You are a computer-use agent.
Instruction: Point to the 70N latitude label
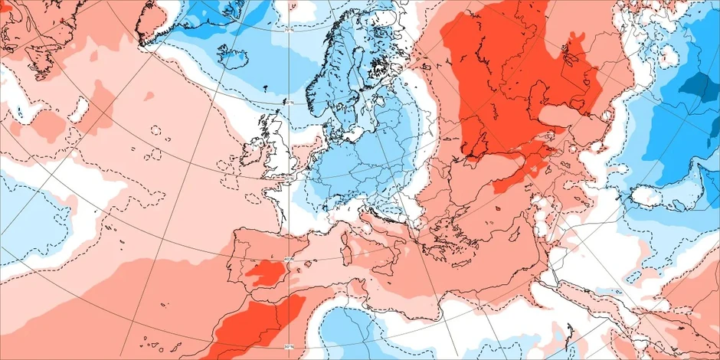290,31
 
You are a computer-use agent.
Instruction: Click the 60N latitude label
289,101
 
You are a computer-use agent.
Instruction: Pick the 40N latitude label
289,261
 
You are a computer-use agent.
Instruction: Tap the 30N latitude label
289,347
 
